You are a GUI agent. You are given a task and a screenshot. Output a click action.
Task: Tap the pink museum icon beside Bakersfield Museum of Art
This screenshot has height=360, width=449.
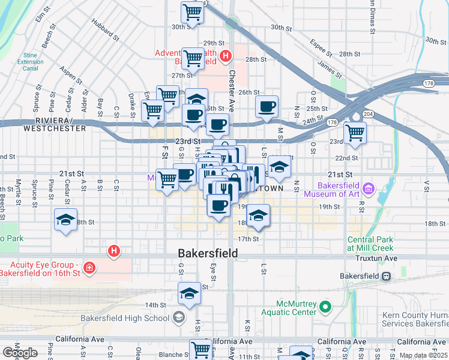(x=369, y=190)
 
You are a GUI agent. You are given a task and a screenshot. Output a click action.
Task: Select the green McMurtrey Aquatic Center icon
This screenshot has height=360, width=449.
(x=325, y=307)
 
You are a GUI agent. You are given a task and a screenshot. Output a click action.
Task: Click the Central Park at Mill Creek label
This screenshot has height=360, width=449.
(x=370, y=244)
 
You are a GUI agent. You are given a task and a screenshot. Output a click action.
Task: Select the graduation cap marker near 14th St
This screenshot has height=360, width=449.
(x=189, y=294)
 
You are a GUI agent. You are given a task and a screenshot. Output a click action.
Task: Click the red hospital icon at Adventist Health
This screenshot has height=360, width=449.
(x=225, y=57)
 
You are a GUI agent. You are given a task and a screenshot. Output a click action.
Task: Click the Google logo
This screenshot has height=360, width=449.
(x=20, y=353)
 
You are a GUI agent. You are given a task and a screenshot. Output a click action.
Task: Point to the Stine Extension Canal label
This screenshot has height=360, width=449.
(x=30, y=62)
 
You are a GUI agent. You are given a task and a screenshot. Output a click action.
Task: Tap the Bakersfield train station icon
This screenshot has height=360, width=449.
(x=386, y=276)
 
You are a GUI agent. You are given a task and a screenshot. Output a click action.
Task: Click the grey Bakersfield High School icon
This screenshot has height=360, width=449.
(x=178, y=317)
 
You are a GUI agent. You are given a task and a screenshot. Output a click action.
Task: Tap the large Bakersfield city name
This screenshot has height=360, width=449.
(x=208, y=254)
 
